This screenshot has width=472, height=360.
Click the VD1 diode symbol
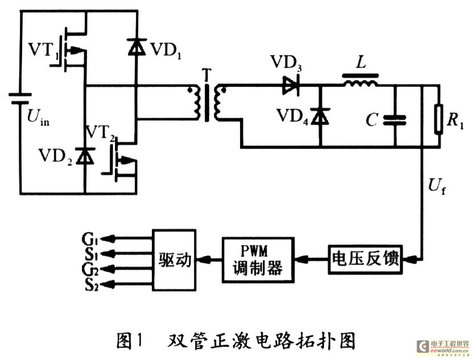click(137, 47)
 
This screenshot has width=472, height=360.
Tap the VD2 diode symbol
click(85, 156)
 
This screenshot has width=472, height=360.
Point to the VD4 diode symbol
click(320, 116)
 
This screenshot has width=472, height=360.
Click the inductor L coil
click(361, 81)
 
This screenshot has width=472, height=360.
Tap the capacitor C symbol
click(395, 120)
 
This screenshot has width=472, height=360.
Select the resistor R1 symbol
click(439, 119)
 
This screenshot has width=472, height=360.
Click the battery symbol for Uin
click(20, 99)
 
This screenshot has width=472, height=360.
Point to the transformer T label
click(207, 75)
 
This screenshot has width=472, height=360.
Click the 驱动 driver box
click(175, 260)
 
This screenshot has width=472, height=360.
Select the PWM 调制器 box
click(258, 260)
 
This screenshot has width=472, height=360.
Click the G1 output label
click(90, 238)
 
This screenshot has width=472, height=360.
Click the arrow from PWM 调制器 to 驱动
click(209, 259)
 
